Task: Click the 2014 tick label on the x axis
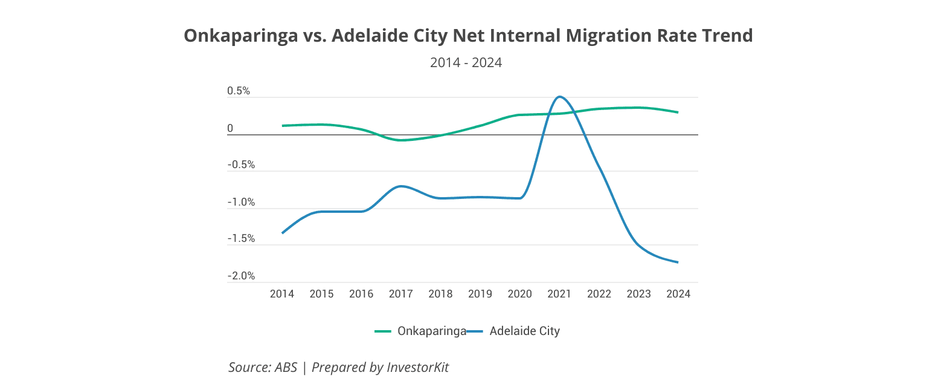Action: (281, 294)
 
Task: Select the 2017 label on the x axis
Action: (400, 294)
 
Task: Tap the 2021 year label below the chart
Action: (559, 294)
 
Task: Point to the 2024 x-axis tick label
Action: (678, 294)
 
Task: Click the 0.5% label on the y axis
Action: (238, 91)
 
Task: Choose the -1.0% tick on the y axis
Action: (241, 203)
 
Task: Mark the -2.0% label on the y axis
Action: (241, 276)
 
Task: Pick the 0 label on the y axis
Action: (230, 128)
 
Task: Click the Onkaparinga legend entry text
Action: (431, 331)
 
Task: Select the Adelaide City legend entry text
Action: (524, 331)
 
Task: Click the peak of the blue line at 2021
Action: (560, 97)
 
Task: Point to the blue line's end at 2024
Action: (678, 262)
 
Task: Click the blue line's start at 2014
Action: (282, 233)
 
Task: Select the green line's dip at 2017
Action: (401, 140)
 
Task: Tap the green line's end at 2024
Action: (678, 112)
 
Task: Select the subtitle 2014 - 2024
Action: (466, 62)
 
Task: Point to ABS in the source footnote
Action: (286, 367)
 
